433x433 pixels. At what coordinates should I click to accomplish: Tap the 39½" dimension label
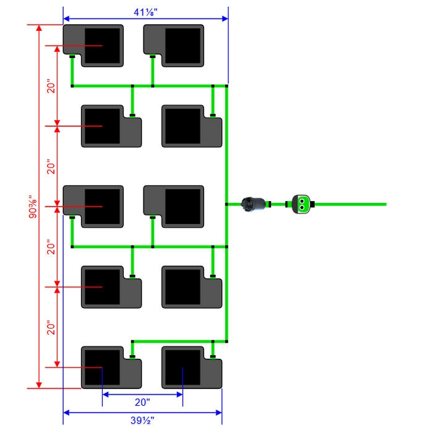[x=143, y=421]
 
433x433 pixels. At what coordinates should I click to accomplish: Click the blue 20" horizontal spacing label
[x=142, y=402]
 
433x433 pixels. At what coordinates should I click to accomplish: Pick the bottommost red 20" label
[x=52, y=327]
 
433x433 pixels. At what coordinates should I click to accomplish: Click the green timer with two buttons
[x=301, y=204]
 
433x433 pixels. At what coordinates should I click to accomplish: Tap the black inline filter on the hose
[x=254, y=204]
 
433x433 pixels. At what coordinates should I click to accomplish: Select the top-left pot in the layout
[x=93, y=45]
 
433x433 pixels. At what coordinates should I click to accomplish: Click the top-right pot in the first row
[x=174, y=45]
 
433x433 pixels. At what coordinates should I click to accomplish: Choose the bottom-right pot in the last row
[x=192, y=367]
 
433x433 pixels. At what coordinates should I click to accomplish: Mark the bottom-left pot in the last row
[x=111, y=367]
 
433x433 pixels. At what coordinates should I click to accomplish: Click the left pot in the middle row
[x=93, y=206]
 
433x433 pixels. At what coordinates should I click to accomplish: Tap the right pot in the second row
[x=192, y=126]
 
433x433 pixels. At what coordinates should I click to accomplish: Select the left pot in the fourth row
[x=111, y=287]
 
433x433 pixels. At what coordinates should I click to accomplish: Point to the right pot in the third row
[x=174, y=206]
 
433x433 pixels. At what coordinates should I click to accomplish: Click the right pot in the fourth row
[x=192, y=287]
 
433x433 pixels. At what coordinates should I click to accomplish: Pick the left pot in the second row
[x=111, y=126]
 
